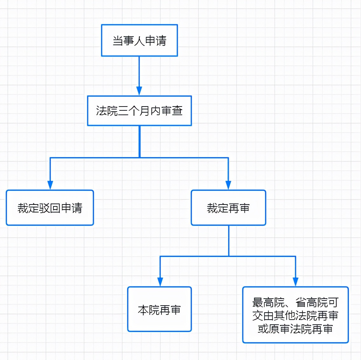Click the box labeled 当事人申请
click(139, 40)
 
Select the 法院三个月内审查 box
click(139, 111)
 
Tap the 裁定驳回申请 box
click(50, 208)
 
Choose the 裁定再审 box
click(228, 208)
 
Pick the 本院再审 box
click(159, 309)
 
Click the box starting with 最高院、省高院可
click(295, 315)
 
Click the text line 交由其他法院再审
click(295, 315)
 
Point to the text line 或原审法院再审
click(295, 329)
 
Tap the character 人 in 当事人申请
click(139, 41)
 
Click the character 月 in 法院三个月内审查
click(145, 111)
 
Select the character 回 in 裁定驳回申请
click(55, 208)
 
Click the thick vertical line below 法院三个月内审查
click(140, 142)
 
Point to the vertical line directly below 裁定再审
click(229, 241)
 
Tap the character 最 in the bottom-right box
click(258, 302)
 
